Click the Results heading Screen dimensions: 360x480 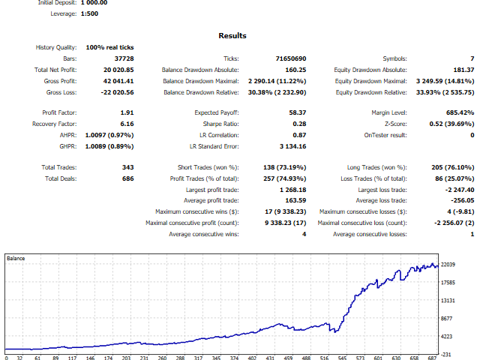tap(232, 35)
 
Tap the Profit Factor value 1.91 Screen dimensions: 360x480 tap(127, 112)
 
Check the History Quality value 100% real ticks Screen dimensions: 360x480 tap(111, 47)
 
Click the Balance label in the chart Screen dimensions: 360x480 tap(16, 259)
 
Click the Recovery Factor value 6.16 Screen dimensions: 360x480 tap(127, 124)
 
